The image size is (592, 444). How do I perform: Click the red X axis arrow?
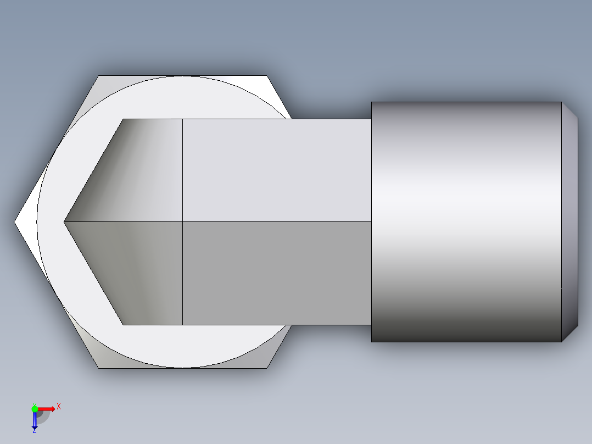click(x=47, y=409)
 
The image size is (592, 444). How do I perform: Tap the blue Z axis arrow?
click(x=34, y=420)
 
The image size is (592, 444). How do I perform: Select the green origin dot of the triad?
click(x=35, y=408)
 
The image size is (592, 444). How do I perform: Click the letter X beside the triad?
click(x=58, y=407)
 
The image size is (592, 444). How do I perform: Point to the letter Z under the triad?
click(x=34, y=431)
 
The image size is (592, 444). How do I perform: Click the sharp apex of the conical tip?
click(x=65, y=222)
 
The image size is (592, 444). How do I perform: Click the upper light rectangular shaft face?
click(x=275, y=170)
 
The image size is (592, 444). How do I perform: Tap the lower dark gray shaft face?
click(x=275, y=273)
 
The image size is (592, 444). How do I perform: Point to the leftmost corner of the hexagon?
click(x=15, y=222)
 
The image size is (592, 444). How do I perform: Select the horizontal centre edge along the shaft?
click(x=275, y=221)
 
